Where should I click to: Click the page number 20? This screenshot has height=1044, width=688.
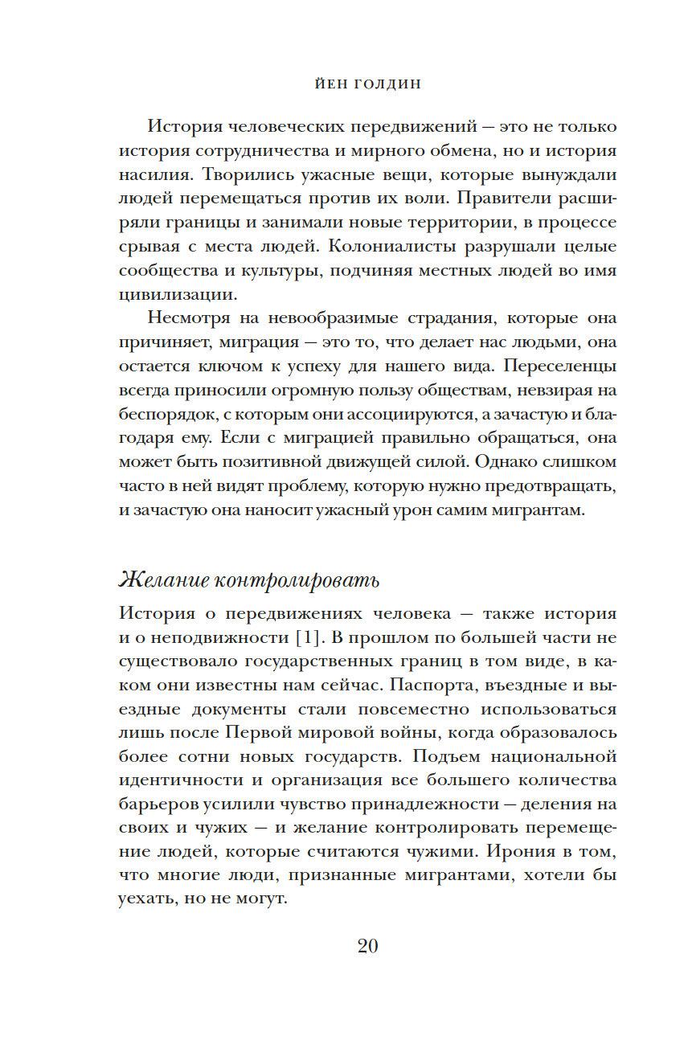tap(367, 945)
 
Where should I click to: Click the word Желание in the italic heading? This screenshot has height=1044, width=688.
tap(164, 579)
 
